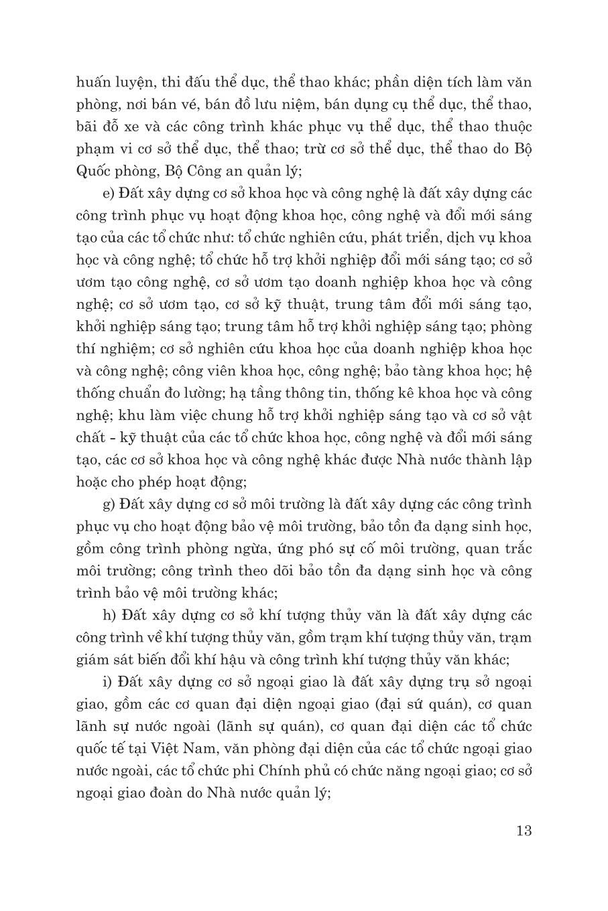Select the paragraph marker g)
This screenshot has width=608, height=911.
108,504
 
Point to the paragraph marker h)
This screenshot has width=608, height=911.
108,615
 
